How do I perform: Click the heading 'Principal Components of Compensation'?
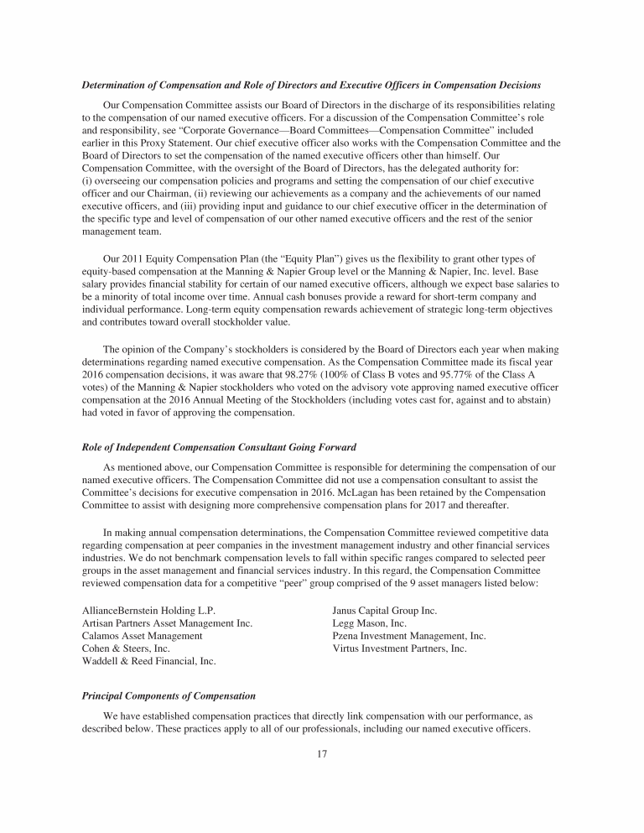click(x=169, y=696)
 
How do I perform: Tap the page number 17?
click(x=322, y=753)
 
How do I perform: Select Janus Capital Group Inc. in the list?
click(x=385, y=609)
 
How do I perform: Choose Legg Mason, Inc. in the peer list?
click(x=370, y=622)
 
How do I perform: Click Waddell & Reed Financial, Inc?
click(x=148, y=661)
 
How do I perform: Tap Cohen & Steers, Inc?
click(x=126, y=648)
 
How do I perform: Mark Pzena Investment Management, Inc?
click(x=409, y=636)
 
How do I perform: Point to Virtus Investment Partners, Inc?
click(x=399, y=648)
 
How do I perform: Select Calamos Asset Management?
click(x=142, y=636)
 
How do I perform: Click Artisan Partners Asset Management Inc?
click(x=167, y=622)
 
